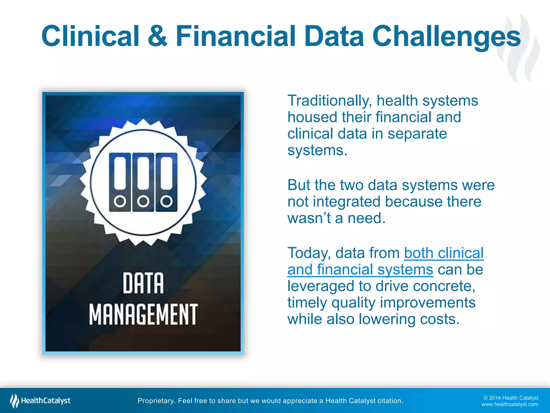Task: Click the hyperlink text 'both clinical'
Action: [x=444, y=253]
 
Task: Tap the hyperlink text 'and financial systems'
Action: [x=360, y=270]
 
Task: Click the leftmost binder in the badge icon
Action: [x=120, y=182]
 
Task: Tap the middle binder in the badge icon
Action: [x=143, y=182]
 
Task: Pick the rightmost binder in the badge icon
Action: [x=167, y=182]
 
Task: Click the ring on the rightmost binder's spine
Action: [x=167, y=201]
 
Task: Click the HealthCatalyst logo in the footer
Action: [x=40, y=401]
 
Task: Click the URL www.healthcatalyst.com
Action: [x=509, y=404]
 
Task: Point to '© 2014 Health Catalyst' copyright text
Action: [x=511, y=398]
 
